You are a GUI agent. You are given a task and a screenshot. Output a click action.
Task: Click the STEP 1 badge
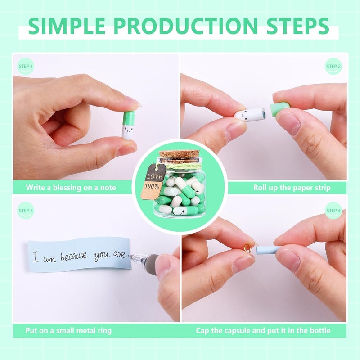26,67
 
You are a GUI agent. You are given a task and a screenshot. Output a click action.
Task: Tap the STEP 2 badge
333,67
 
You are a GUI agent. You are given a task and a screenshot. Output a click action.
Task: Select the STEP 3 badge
26,210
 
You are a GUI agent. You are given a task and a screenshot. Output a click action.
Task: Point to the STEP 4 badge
333,210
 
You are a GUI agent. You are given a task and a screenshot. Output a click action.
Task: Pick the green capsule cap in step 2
279,109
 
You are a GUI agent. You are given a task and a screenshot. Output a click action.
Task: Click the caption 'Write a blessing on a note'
71,187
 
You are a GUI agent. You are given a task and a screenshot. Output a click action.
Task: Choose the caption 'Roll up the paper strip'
292,187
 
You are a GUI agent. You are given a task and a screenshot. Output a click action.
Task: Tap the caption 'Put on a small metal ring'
68,330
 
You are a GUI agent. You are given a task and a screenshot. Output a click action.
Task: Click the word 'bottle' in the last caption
318,330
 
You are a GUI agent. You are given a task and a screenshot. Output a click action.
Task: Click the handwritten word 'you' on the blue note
101,256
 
